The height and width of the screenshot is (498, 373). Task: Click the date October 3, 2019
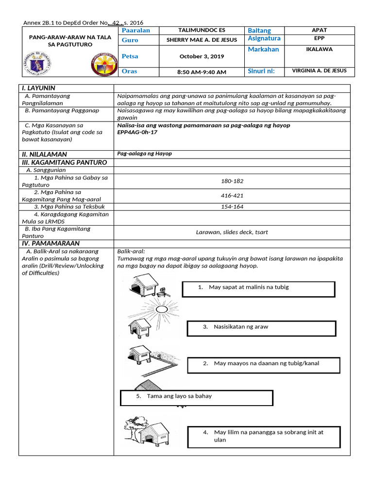(x=202, y=56)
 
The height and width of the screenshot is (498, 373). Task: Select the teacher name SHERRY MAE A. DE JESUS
(x=202, y=40)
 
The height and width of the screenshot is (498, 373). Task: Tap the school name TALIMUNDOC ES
(x=202, y=30)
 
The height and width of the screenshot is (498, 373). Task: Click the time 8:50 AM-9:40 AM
(x=202, y=72)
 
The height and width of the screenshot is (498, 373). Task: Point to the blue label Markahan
(x=263, y=50)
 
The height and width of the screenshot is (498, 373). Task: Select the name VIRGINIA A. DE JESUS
(x=319, y=71)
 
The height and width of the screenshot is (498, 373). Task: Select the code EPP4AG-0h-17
(x=137, y=132)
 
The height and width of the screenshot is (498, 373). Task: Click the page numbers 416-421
(x=232, y=196)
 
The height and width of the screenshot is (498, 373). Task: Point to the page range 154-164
(x=232, y=207)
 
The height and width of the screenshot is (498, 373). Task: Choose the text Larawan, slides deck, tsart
(x=232, y=232)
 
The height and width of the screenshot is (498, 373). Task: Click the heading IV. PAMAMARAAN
(x=50, y=243)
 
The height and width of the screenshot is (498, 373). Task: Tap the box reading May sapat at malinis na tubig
(x=258, y=289)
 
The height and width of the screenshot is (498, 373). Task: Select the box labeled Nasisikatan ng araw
(x=261, y=328)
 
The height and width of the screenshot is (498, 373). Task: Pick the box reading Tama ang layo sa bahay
(x=196, y=397)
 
